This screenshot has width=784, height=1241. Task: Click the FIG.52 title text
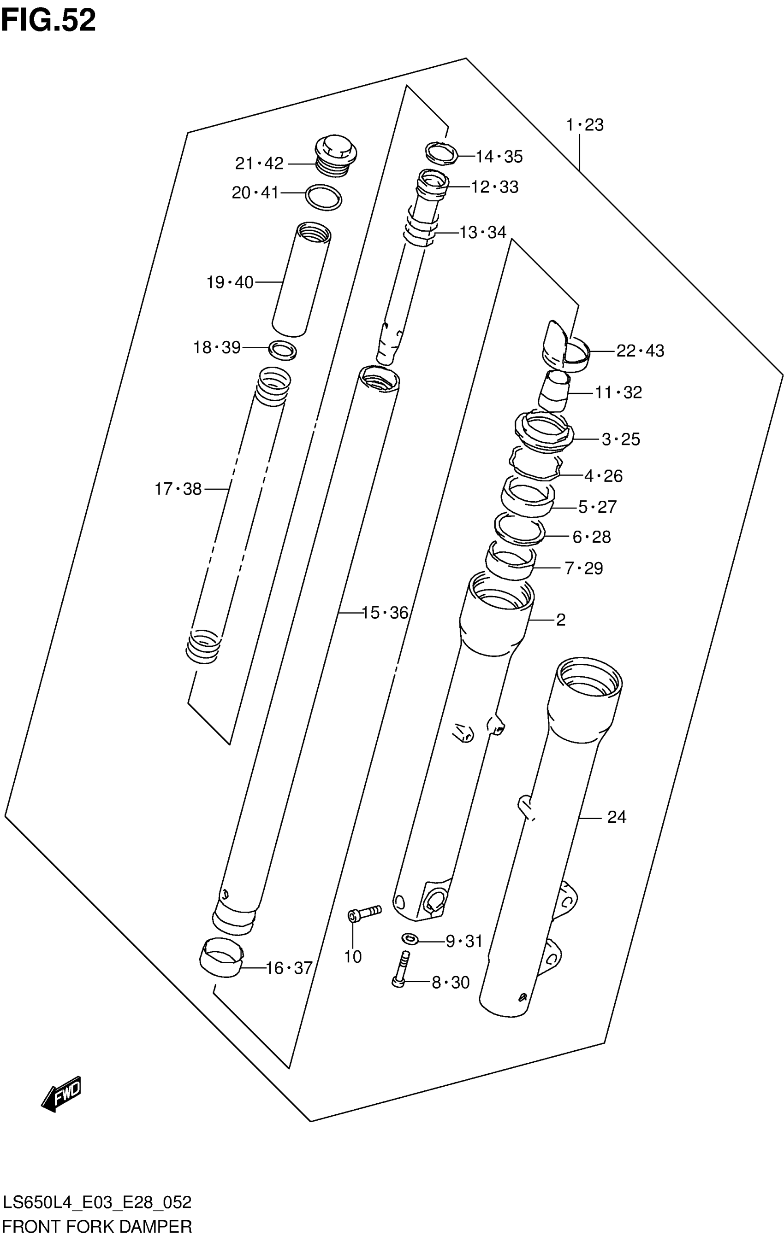[48, 21]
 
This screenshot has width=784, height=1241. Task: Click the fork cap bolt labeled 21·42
[336, 154]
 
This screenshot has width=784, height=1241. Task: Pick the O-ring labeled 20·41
[323, 197]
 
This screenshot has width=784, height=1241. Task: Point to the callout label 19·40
[230, 282]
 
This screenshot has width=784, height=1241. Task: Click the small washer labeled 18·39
[283, 350]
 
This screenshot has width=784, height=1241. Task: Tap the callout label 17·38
[178, 489]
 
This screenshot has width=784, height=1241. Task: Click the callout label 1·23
[584, 125]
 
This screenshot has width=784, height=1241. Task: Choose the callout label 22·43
[640, 351]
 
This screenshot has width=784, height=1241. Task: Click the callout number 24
[617, 817]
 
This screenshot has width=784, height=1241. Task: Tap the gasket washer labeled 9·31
[410, 940]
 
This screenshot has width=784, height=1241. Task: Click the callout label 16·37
[289, 968]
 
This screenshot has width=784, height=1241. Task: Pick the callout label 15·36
[384, 613]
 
